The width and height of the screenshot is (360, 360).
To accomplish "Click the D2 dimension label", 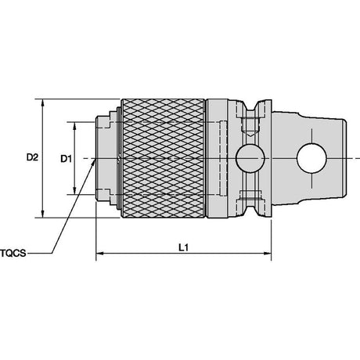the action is [x=32, y=157].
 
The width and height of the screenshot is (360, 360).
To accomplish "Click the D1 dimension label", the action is [x=66, y=159].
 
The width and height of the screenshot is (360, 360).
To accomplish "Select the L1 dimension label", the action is [x=183, y=247].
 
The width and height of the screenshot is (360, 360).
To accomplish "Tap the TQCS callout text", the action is [x=13, y=253].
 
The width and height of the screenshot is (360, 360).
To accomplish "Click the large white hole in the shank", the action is [x=311, y=158].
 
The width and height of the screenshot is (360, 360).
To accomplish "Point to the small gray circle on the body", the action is [x=250, y=158].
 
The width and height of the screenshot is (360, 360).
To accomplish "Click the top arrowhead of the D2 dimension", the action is [x=43, y=103].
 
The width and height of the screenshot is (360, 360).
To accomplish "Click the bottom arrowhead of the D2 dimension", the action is [x=43, y=214].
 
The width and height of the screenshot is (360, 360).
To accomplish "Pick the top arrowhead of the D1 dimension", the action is [x=74, y=126].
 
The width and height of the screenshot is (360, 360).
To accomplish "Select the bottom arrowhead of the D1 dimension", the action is [x=74, y=190].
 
